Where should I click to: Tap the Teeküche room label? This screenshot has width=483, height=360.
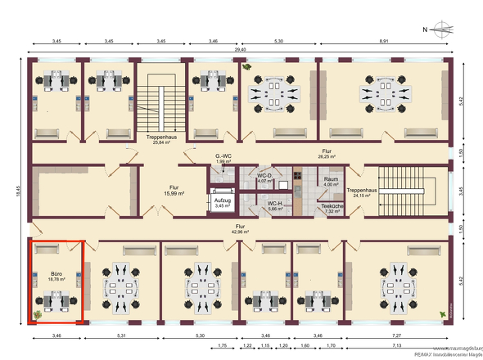coord(332,208)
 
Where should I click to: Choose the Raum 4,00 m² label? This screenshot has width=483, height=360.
coord(331,181)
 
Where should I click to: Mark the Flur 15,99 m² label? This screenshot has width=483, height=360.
coord(174,189)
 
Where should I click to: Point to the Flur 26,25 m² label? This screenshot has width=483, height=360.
coord(326,155)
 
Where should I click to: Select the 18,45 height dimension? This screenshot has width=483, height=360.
coord(16,189)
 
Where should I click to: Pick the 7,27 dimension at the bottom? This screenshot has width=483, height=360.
coord(397,336)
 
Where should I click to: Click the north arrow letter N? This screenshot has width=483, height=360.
coord(425,29)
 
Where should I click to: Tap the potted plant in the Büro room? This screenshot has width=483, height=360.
coord(37,313)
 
